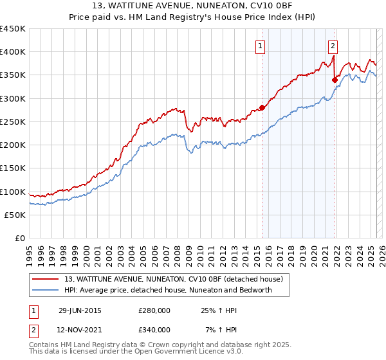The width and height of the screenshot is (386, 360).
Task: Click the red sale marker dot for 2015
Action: pos(262,107)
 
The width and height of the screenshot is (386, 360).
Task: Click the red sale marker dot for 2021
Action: pos(335,80)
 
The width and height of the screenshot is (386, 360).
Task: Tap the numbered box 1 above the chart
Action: pos(260,46)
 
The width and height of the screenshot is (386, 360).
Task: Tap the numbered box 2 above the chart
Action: pos(333,46)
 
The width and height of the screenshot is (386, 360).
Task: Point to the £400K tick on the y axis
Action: pos(13,52)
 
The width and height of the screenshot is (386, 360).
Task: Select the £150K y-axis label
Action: pos(13,168)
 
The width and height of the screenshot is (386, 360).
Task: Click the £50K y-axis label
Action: pos(15,215)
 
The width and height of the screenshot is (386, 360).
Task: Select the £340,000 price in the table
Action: pos(154,330)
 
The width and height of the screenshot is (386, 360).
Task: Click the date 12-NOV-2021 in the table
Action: pos(80,330)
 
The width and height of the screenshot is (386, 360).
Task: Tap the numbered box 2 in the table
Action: pos(33,330)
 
